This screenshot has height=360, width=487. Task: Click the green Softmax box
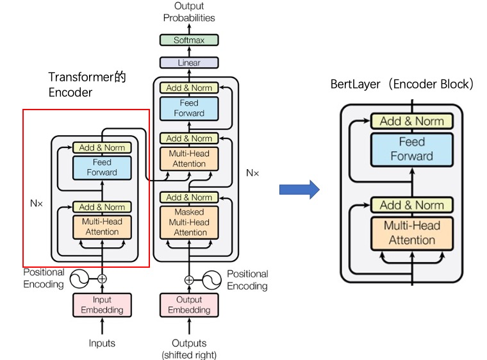coord(188,40)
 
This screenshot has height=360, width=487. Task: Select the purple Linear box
coord(188,63)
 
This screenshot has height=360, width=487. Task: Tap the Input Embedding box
coord(101,305)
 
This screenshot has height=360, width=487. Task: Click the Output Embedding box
coord(188,305)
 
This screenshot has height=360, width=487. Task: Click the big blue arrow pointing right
coord(299,188)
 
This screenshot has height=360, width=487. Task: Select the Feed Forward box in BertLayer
coord(411,149)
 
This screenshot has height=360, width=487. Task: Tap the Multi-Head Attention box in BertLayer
coord(411,233)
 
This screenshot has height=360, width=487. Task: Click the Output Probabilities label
coord(188,12)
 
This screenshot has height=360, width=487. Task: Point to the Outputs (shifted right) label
coord(189,348)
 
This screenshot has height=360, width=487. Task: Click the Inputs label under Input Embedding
coord(102,343)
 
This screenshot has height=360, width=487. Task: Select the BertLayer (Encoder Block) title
coord(402,84)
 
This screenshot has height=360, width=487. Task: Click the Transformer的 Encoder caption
coord(87,85)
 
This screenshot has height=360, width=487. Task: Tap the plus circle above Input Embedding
coord(102,279)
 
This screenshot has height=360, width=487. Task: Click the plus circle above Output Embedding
coord(189,279)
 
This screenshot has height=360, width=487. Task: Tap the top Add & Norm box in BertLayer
coord(411,121)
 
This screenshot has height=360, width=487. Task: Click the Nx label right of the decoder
coord(252,173)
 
